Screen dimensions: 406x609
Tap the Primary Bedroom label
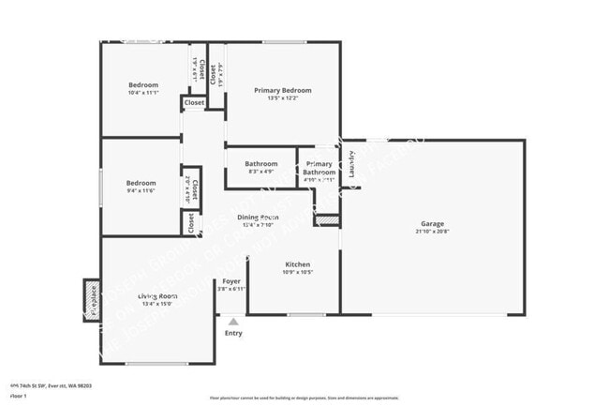click(x=283, y=90)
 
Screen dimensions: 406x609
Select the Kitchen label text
click(x=297, y=264)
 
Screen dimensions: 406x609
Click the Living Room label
click(x=158, y=295)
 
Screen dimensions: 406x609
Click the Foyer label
click(x=231, y=281)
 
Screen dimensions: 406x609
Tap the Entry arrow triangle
click(x=233, y=321)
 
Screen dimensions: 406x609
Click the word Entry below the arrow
click(x=233, y=333)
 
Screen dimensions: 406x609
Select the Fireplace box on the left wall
click(x=92, y=299)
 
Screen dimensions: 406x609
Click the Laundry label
click(x=351, y=164)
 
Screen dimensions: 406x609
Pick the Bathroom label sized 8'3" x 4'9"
click(x=261, y=164)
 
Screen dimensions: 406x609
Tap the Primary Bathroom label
click(x=319, y=169)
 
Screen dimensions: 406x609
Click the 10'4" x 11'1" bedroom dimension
click(x=143, y=93)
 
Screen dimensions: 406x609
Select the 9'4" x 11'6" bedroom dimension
click(x=141, y=190)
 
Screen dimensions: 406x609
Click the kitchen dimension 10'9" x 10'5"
click(x=297, y=273)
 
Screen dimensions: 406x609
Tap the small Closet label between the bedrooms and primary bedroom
click(x=194, y=102)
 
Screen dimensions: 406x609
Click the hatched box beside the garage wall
click(x=326, y=220)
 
